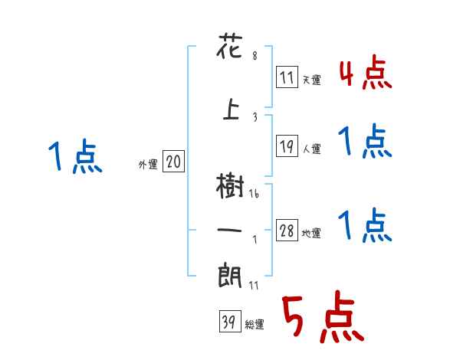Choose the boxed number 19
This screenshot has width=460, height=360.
pos(287,147)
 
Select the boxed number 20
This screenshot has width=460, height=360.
pos(173,162)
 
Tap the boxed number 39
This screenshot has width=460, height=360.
pos(228,322)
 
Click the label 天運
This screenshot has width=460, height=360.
pos(311,80)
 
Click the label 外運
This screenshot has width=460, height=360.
pos(147,164)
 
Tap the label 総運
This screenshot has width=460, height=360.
pos(254,325)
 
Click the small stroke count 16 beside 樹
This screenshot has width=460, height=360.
pos(254,195)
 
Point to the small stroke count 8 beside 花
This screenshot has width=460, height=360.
pos(255,56)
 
